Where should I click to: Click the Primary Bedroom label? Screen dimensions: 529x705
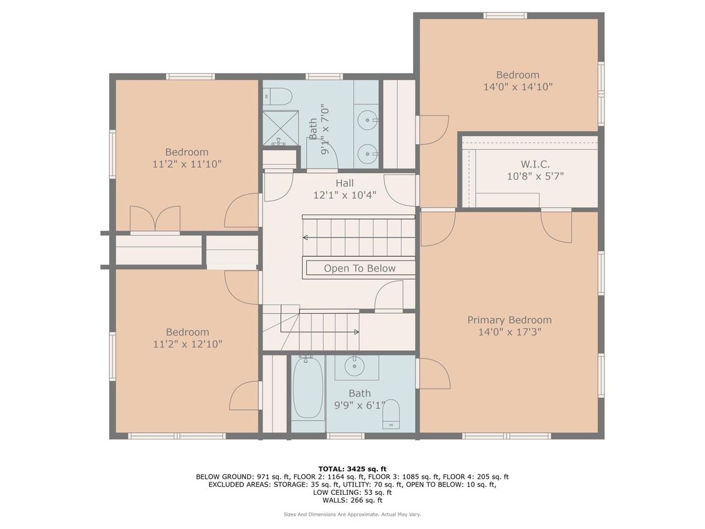[509, 320]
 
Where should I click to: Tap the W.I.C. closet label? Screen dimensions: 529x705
[535, 163]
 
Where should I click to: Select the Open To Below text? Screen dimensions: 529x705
[359, 268]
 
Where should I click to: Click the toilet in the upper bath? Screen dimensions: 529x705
[280, 97]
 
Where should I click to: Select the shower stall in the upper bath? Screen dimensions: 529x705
[280, 128]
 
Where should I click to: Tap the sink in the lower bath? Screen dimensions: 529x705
[356, 365]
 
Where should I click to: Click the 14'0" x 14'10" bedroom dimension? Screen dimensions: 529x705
[518, 87]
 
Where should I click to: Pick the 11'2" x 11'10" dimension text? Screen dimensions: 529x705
[187, 164]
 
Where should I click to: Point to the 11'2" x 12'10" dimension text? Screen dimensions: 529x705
[187, 344]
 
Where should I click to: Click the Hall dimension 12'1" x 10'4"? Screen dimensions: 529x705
[345, 195]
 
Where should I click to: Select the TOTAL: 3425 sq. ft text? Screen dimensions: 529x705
[352, 469]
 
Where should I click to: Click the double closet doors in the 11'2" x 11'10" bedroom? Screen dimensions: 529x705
[155, 219]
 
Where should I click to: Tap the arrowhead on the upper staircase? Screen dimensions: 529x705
[305, 237]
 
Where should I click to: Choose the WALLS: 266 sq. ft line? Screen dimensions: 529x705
[352, 500]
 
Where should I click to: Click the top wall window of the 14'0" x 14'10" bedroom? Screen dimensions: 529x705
[505, 15]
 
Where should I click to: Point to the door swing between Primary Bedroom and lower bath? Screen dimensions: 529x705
[433, 374]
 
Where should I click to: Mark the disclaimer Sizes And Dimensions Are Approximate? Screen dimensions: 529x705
[352, 515]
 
